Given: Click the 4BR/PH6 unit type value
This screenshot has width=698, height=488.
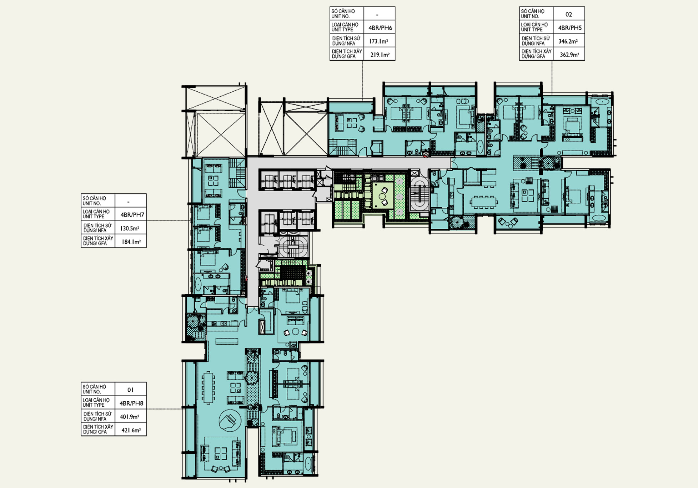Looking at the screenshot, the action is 380,28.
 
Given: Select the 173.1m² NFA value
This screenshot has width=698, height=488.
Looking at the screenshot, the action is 378,41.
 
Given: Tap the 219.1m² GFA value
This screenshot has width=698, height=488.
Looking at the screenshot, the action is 380,55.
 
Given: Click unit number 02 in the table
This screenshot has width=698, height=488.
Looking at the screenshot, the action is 569,14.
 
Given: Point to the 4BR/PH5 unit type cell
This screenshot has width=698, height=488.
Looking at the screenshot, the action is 570,28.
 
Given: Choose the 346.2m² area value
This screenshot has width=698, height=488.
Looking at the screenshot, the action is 568,41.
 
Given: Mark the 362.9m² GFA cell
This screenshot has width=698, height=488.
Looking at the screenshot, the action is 569,55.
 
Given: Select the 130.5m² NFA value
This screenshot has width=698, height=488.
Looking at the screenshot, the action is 130,228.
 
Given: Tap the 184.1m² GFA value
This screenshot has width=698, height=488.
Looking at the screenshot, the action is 131,242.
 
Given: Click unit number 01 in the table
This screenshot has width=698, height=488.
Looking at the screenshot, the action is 130,390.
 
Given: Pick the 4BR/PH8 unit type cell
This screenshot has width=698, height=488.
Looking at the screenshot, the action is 131,403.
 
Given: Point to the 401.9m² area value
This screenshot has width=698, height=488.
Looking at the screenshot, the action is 130,417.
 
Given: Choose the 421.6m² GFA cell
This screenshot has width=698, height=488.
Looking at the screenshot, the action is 131,430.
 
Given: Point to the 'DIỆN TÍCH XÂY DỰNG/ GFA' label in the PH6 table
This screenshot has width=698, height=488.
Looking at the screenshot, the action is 347,54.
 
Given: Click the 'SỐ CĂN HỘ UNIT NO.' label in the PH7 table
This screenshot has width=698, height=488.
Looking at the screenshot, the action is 94,201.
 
